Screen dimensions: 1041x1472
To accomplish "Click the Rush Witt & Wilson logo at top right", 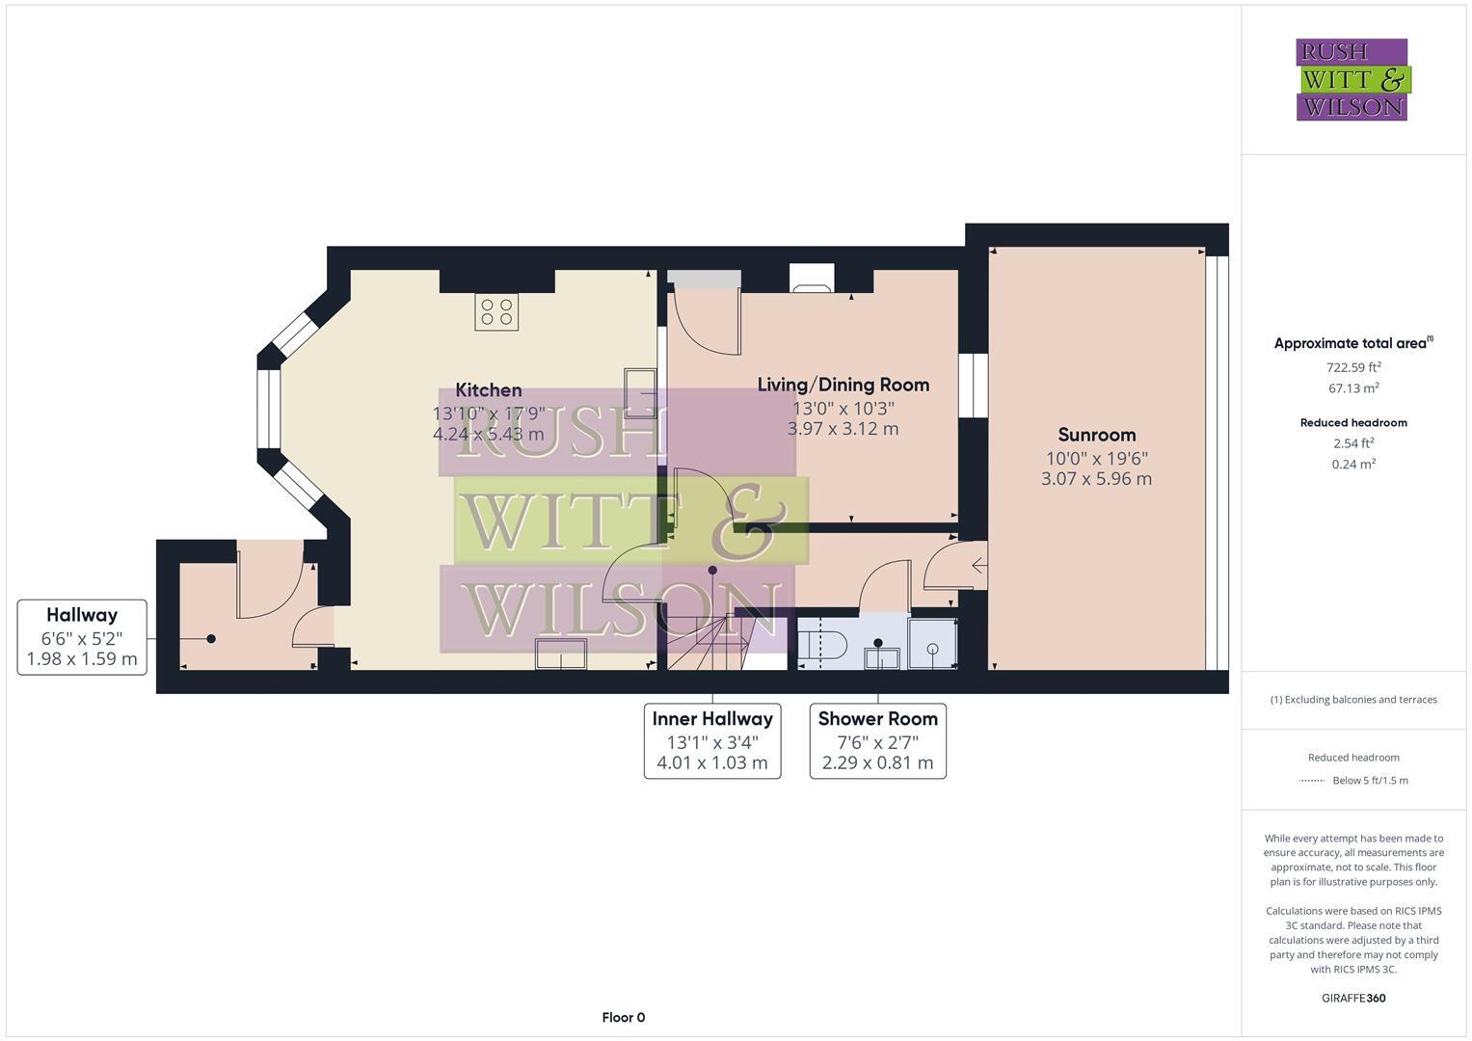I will pos(1352,79).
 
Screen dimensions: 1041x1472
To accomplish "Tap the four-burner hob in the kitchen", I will pos(496,312).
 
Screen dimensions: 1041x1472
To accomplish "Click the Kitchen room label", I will pos(489,390).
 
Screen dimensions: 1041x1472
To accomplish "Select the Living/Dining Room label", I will pos(843,385).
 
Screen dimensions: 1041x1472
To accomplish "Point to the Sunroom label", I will pos(1097,435).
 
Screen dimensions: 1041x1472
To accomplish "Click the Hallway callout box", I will pos(82,637).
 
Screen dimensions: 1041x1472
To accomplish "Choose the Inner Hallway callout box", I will pos(712,740).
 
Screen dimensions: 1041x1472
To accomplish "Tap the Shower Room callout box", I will pos(877,740).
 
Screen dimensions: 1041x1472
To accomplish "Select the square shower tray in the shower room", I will pos(932,643).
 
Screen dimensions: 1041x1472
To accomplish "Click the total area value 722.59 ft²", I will pos(1353,367).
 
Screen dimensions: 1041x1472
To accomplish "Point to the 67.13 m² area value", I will pos(1353,388).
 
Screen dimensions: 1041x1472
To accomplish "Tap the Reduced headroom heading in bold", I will pos(1353,422).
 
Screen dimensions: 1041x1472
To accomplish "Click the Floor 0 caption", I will pos(623,1017).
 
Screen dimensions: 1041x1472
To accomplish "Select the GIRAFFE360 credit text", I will pos(1353,998).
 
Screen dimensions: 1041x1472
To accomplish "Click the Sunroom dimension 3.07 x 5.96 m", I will pos(1097,478).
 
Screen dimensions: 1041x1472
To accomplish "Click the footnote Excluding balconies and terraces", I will pos(1353,700).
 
